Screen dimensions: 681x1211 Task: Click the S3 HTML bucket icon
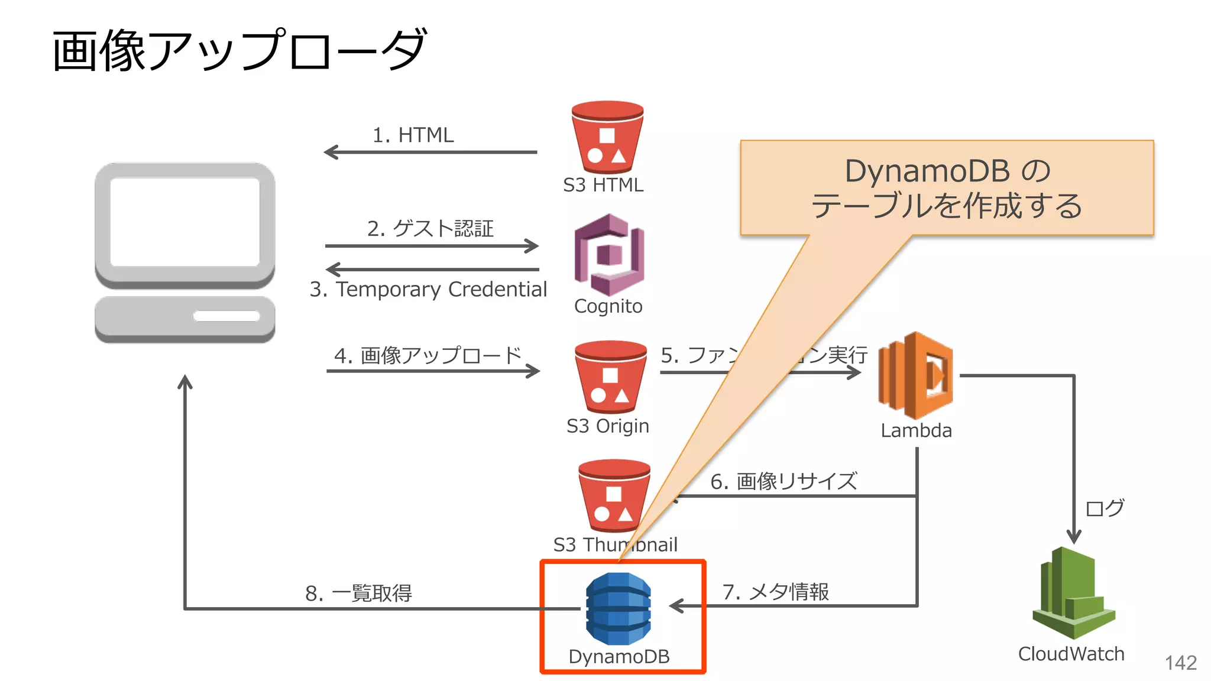[x=607, y=138]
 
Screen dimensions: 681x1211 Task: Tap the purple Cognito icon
[x=609, y=255]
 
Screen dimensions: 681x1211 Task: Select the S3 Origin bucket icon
[x=610, y=377]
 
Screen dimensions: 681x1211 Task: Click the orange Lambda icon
[x=915, y=375]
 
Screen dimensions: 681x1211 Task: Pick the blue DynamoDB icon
[x=618, y=608]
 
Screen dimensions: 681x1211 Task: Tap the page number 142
[x=1180, y=663]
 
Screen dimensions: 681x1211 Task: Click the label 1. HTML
[x=413, y=135]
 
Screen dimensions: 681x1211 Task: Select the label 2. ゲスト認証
[x=430, y=228]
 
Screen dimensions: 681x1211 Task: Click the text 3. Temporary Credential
[x=428, y=289]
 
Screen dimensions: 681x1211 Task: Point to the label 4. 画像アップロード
[x=428, y=355]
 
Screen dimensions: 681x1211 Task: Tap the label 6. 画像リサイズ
[x=783, y=481]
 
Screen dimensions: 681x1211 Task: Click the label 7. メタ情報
[x=775, y=591]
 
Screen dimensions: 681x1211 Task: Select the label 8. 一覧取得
[x=358, y=593]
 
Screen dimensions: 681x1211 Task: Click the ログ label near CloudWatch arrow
[x=1105, y=508]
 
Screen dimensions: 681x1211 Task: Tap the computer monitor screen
[x=184, y=222]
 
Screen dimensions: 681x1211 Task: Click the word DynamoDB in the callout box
[x=927, y=171]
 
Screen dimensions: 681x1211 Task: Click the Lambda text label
[x=916, y=430]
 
